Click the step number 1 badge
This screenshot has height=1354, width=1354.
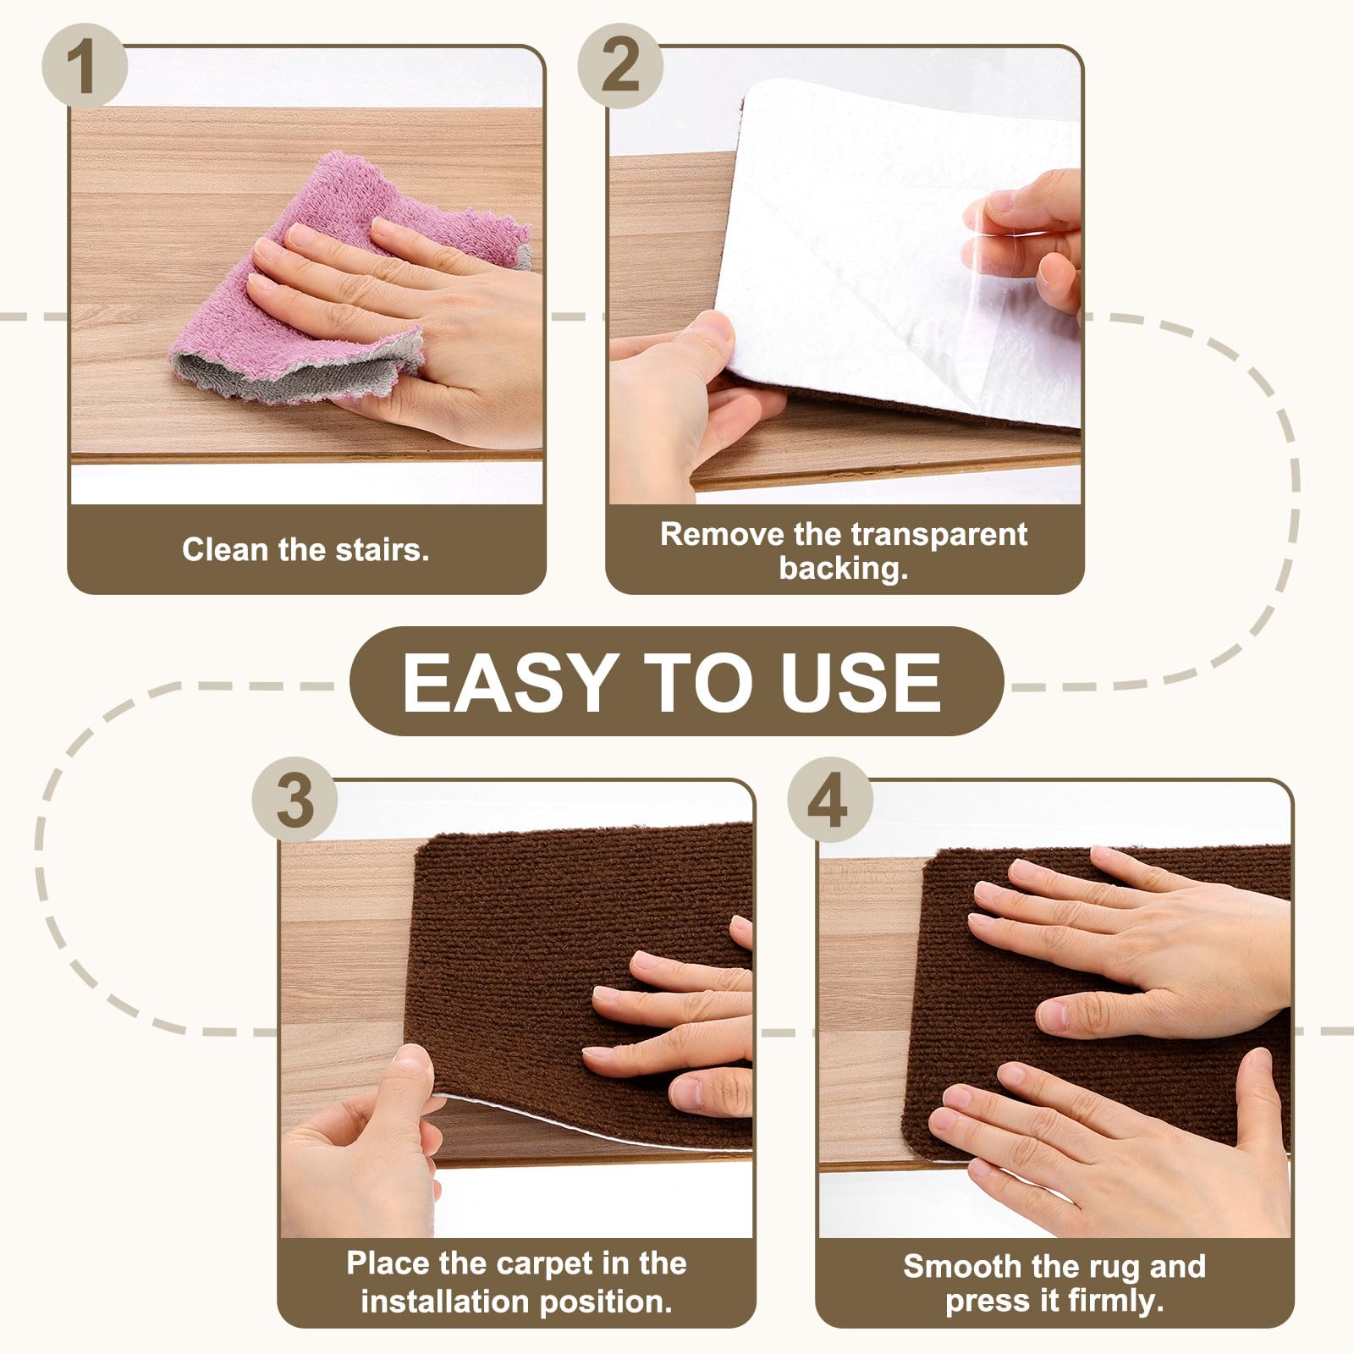click(84, 65)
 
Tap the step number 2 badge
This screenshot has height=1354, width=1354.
click(620, 65)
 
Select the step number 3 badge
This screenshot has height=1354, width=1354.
click(294, 800)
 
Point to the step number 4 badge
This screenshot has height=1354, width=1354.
click(829, 800)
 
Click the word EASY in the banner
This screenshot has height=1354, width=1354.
click(509, 682)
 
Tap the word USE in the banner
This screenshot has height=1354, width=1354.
click(860, 682)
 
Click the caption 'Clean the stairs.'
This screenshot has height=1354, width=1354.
click(305, 550)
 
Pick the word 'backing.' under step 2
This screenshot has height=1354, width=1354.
click(844, 568)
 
